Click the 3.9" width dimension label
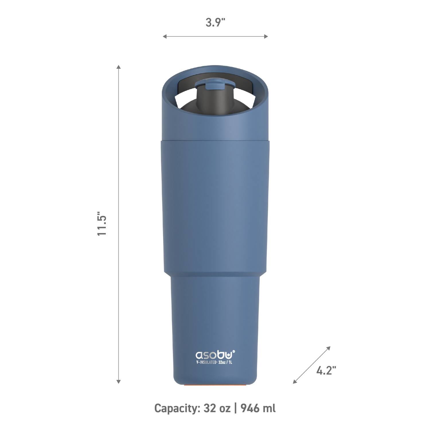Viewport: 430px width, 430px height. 215,22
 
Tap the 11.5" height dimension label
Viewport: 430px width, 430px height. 102,224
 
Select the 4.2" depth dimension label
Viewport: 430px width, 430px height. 326,370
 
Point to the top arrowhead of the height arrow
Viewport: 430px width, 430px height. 118,67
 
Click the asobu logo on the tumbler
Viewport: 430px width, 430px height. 214,355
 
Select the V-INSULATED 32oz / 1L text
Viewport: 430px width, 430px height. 214,362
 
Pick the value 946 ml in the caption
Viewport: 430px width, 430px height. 258,408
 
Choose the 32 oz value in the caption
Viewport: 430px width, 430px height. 217,408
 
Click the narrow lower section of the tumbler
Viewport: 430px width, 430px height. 215,315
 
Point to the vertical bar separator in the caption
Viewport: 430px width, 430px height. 236,408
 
